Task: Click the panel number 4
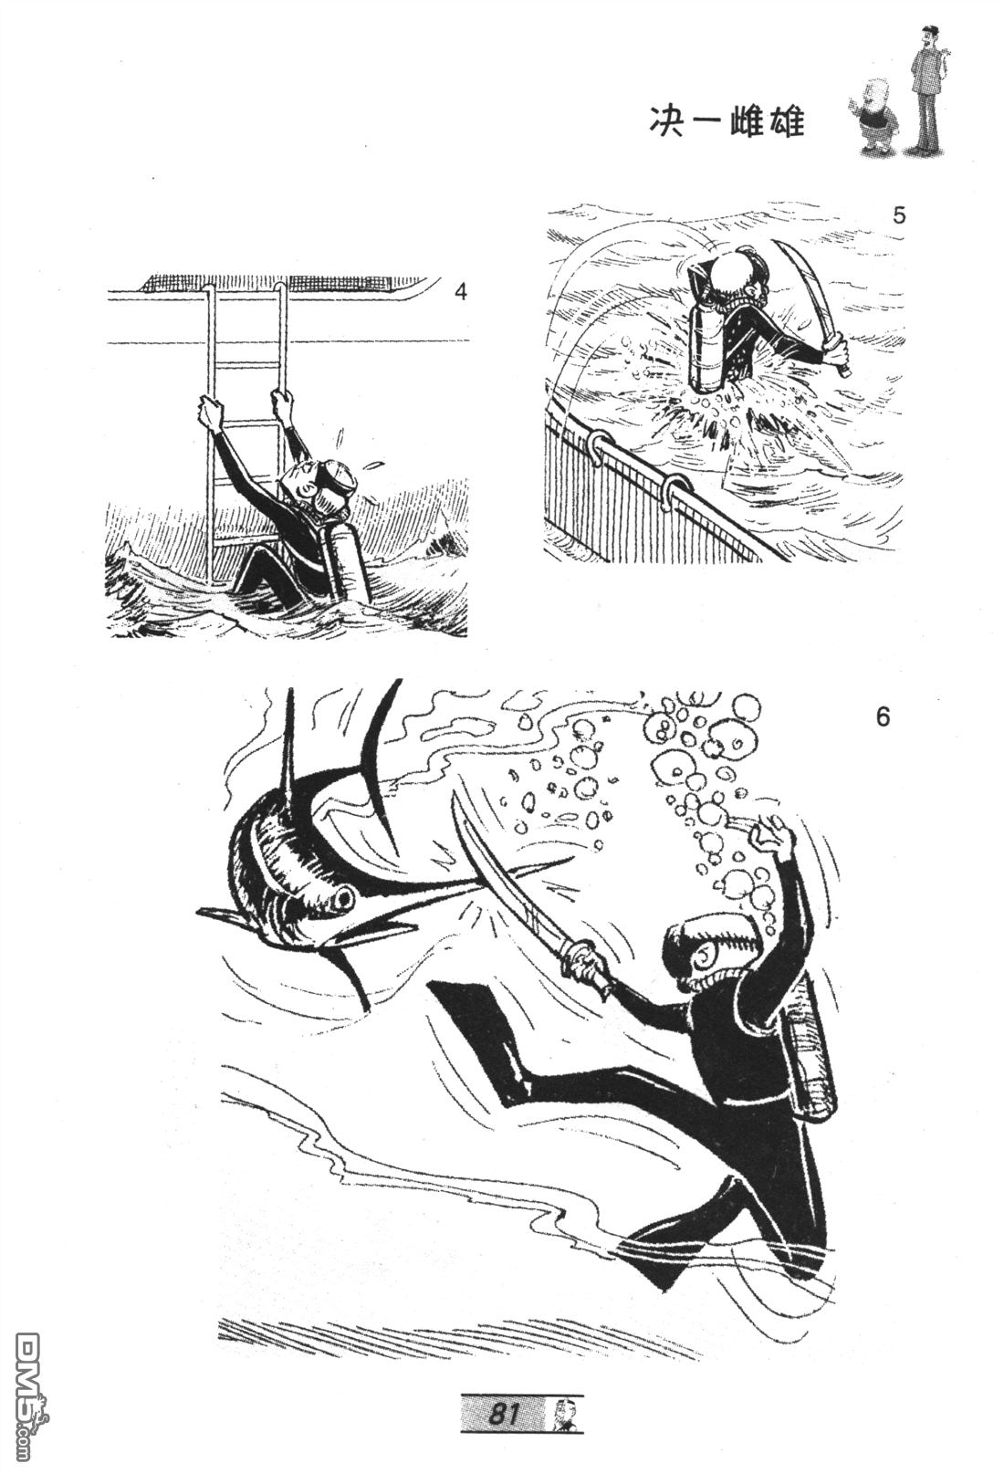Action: click(x=461, y=291)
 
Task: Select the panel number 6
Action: click(x=883, y=716)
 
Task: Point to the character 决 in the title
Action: click(x=665, y=123)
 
